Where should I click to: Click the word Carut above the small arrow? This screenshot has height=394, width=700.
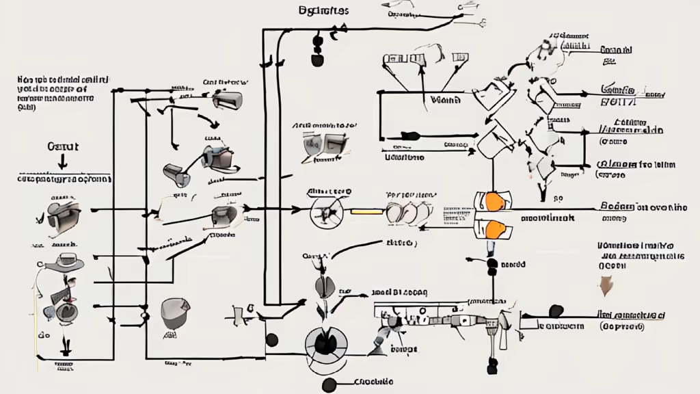[63, 146]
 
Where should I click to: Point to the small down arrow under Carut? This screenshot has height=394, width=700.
[63, 162]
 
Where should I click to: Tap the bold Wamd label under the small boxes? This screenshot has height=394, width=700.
[446, 99]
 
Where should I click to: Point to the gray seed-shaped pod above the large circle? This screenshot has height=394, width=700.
[321, 285]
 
